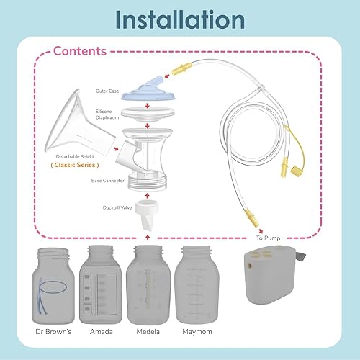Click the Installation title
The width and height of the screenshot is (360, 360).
click(180, 19)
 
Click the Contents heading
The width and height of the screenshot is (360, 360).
click(79, 52)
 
